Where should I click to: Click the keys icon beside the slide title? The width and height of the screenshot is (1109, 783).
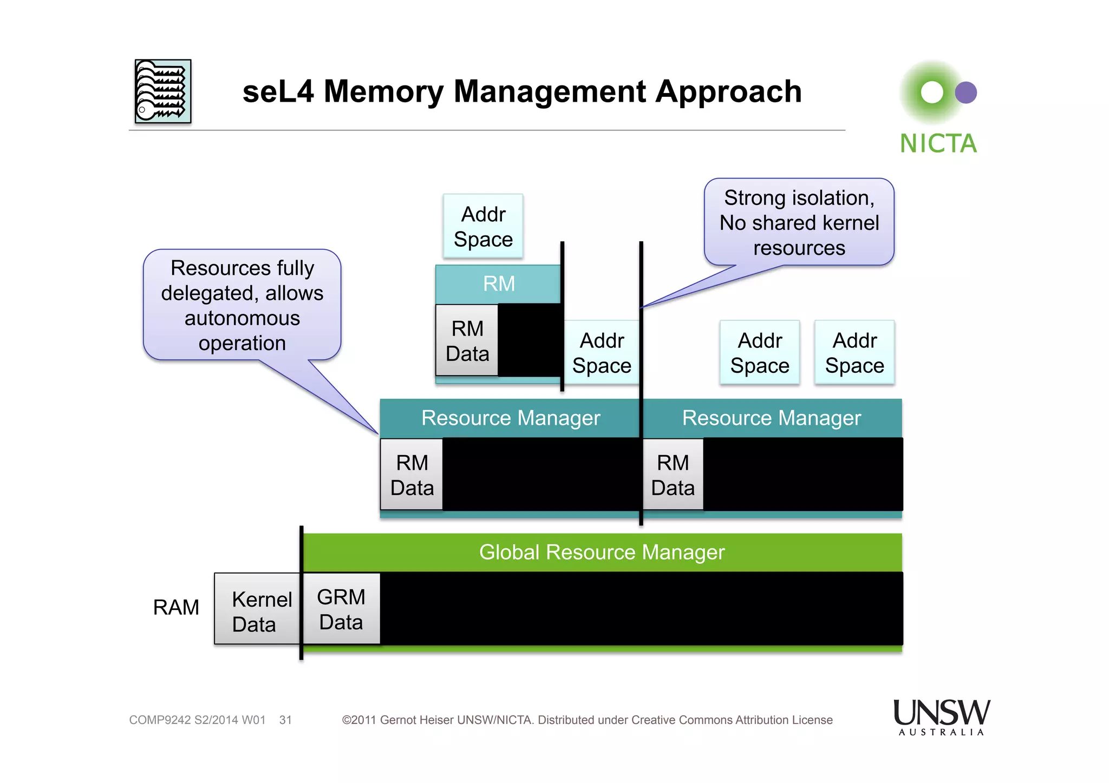point(162,91)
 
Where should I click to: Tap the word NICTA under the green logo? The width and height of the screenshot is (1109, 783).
point(938,144)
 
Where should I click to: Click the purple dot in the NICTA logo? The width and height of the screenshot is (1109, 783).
point(966,93)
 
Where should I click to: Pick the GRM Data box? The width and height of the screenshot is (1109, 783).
point(341,609)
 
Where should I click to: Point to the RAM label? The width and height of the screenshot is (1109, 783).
point(176,607)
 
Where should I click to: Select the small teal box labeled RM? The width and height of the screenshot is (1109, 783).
point(498,284)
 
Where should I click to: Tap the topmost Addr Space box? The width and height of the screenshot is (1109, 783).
point(483,226)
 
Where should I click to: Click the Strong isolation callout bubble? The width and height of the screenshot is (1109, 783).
point(799,222)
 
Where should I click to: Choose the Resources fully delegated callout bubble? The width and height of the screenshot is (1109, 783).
point(242,305)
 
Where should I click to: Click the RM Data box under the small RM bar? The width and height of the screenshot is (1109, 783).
point(467,340)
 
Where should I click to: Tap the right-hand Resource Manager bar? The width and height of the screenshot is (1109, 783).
point(771,418)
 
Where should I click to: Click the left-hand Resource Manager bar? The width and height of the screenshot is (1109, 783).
point(510,418)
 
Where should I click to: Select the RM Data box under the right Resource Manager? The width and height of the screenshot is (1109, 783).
point(673,475)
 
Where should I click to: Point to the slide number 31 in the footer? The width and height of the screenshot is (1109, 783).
point(285,720)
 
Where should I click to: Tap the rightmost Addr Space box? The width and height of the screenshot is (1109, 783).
point(854,353)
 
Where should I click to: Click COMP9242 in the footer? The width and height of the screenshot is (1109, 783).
point(160,720)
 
